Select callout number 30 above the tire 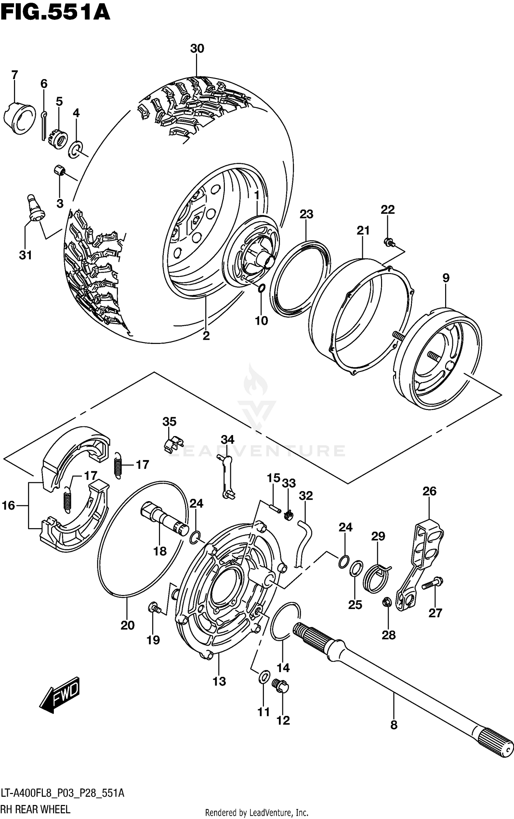tap(197, 49)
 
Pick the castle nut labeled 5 tap(58, 138)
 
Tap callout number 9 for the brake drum tap(445, 278)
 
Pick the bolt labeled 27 tap(432, 583)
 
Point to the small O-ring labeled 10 tap(261, 288)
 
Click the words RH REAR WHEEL tap(36, 809)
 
